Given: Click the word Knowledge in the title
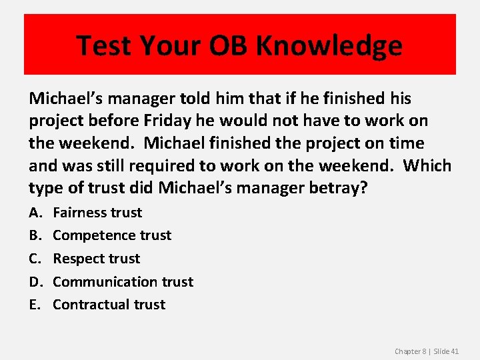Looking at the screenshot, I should click(x=329, y=45).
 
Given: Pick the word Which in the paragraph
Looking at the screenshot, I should click(x=427, y=165).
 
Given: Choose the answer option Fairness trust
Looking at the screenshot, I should click(x=97, y=213).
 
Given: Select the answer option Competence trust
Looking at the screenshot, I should click(x=112, y=235).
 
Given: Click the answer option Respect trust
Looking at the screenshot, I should click(x=97, y=259).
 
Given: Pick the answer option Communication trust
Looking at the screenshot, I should click(x=123, y=282).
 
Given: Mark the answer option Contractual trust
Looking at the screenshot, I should click(x=109, y=305).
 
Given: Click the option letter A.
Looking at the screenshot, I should click(x=34, y=213).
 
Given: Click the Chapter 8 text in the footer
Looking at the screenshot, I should click(x=411, y=351).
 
